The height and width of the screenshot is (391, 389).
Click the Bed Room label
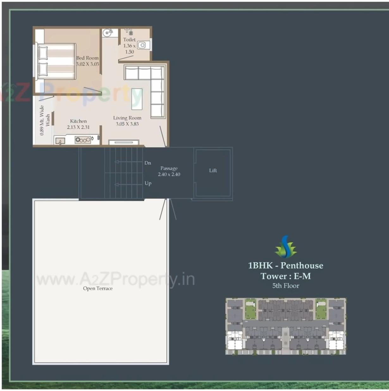87,58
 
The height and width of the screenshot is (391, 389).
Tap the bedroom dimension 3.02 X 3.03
88,64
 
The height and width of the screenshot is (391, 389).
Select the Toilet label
129,40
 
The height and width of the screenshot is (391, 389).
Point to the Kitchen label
78,121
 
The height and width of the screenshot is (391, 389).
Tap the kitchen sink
60,141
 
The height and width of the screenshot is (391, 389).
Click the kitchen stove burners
83,140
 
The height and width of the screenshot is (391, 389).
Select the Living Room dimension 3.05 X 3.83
127,124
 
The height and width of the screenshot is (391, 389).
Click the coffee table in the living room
137,99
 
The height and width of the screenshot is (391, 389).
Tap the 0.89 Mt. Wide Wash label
45,120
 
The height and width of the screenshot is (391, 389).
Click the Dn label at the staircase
148,163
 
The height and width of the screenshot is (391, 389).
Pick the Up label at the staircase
148,183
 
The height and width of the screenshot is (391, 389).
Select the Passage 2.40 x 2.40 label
169,171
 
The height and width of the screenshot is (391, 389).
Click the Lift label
213,171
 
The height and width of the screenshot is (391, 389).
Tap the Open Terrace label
98,289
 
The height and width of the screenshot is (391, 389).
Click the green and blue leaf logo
286,247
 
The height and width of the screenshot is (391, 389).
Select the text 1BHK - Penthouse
286,265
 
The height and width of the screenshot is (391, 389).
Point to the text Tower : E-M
286,276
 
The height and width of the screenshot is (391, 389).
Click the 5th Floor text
286,286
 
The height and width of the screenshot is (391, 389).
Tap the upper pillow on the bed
43,53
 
